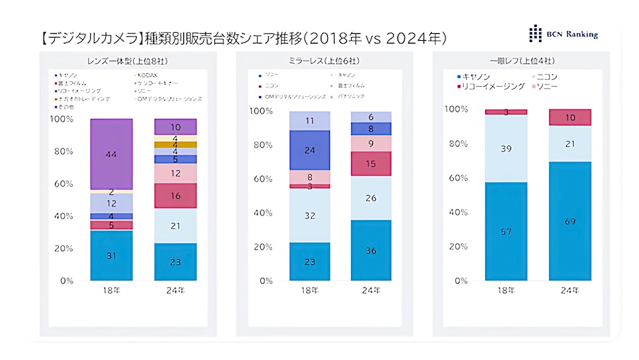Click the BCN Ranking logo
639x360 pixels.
(563, 34)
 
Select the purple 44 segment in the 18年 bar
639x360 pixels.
(111, 154)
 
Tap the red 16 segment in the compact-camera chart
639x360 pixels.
(176, 196)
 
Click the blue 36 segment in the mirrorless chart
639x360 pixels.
(371, 251)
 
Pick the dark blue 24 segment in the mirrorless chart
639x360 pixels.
(310, 150)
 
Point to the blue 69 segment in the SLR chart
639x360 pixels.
(570, 221)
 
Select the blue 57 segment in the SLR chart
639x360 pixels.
(506, 231)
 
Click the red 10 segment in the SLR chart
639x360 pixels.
(570, 117)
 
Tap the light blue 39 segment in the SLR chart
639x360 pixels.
(506, 149)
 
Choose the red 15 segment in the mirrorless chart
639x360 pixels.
(371, 164)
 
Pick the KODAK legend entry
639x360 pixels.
(147, 75)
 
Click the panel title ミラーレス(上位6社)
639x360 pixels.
(324, 61)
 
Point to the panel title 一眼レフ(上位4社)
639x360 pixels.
(522, 61)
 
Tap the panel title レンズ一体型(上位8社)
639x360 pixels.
(127, 61)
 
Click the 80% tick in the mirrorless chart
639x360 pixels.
(263, 145)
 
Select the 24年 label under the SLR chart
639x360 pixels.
(570, 290)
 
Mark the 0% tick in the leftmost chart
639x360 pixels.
(67, 281)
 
